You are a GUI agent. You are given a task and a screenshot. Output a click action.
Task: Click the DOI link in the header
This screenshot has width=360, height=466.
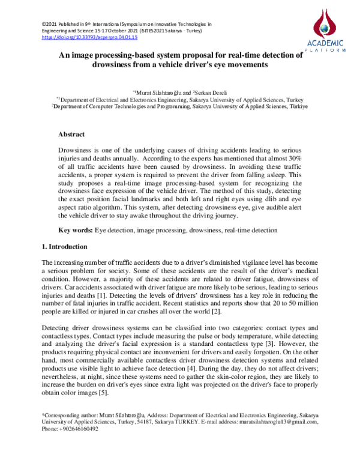click(89, 37)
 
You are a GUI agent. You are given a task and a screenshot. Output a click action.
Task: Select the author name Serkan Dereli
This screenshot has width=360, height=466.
click(208, 92)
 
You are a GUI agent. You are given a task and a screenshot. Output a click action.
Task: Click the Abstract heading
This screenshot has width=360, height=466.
click(71, 135)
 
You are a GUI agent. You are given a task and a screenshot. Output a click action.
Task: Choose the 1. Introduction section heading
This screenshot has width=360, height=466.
click(65, 247)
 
